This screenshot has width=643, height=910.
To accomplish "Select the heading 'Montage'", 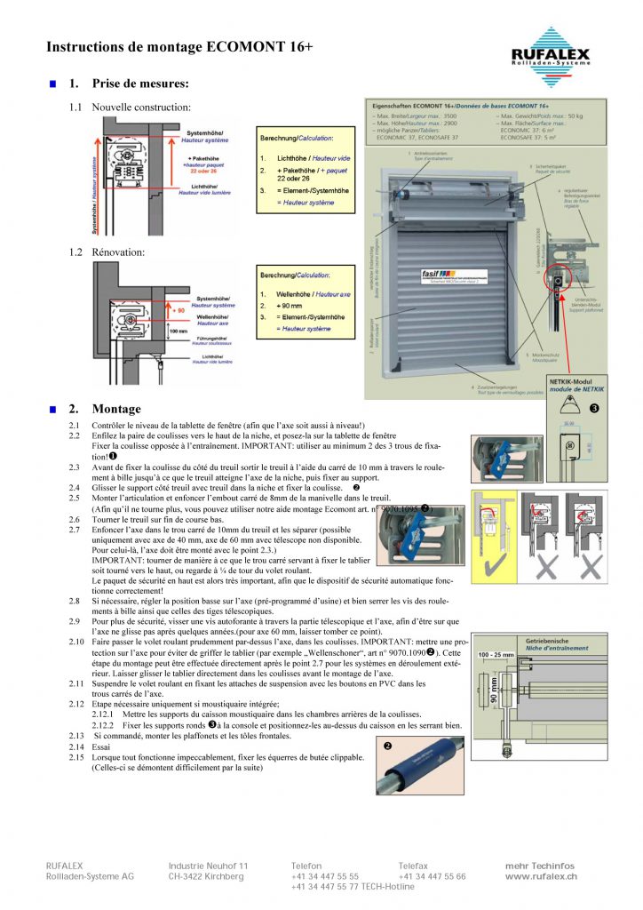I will tap(116, 409).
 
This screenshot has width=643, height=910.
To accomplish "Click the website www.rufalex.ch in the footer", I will tap(541, 876).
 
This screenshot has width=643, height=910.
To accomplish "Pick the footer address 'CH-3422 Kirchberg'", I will tap(206, 876).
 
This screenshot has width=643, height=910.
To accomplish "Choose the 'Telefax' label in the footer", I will tap(412, 866).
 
